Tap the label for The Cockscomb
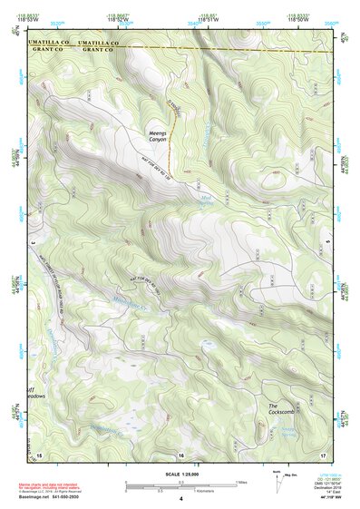pos(280,409)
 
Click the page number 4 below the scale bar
pos(180,500)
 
